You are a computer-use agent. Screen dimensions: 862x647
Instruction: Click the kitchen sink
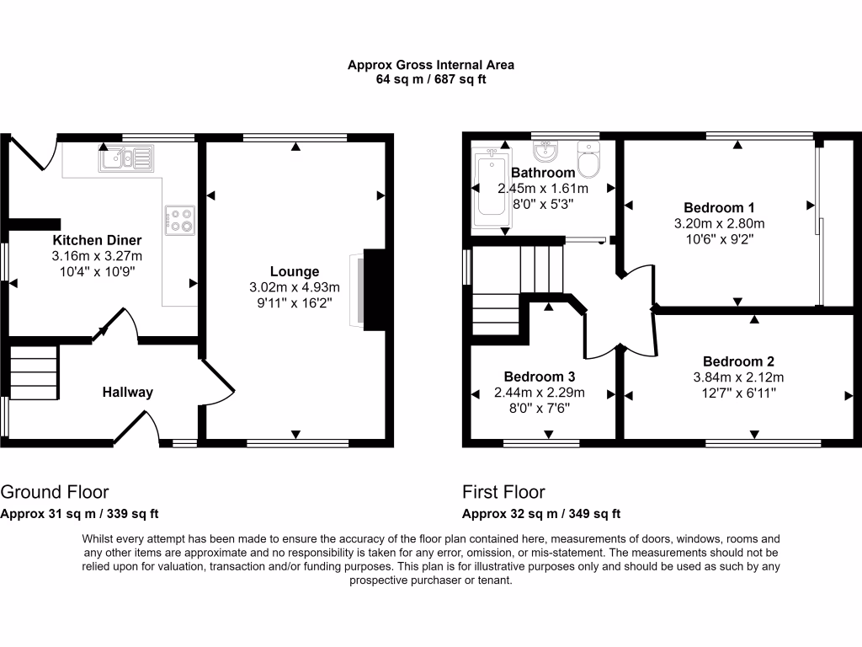[126, 158]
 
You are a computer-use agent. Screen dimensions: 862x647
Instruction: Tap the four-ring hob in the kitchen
[180, 221]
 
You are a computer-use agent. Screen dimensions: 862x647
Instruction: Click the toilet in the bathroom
[588, 159]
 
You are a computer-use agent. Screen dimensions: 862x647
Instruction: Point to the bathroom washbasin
[545, 151]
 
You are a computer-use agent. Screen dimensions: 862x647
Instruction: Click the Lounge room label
[295, 271]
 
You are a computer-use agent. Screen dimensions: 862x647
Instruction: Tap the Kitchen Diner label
[98, 240]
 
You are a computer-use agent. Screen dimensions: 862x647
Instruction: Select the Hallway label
[128, 392]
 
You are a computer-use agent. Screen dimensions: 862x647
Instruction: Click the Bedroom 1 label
[719, 207]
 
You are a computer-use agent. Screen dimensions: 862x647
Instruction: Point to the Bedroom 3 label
[540, 377]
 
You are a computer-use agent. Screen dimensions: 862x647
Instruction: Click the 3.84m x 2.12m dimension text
[738, 377]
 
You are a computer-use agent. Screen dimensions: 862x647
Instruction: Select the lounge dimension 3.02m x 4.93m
[295, 286]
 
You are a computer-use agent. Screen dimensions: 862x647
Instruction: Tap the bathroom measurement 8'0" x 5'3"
[543, 204]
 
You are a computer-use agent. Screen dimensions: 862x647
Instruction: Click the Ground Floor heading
[55, 491]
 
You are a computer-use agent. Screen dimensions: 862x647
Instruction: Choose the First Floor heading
[503, 491]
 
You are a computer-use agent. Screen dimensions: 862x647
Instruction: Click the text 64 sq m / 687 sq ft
[431, 79]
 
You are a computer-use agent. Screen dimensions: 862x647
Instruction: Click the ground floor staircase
[34, 372]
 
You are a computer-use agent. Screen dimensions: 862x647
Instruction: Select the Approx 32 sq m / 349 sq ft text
[541, 514]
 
